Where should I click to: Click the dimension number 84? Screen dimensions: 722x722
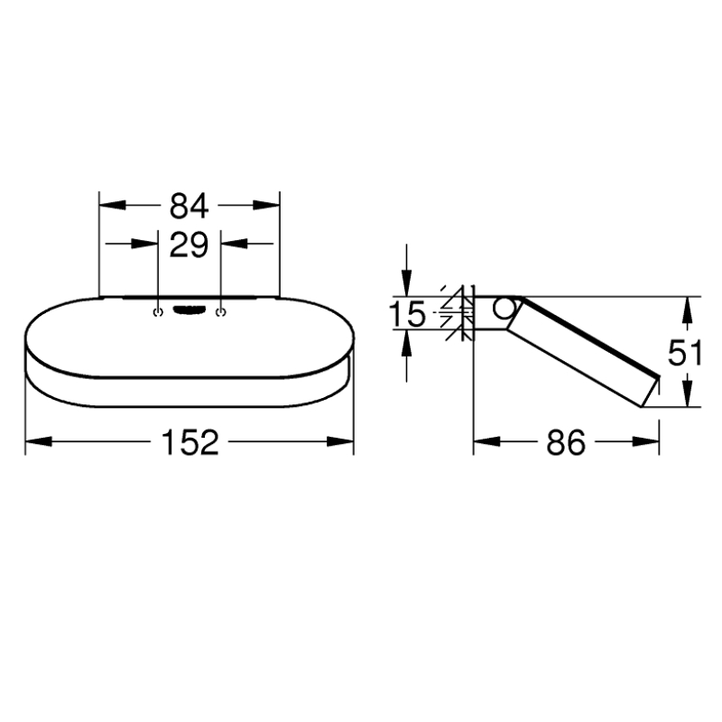(190, 206)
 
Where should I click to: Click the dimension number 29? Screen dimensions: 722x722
(190, 245)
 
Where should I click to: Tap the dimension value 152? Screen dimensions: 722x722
(190, 442)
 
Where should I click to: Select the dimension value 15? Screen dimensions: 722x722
(407, 314)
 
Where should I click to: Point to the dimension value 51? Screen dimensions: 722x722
(685, 352)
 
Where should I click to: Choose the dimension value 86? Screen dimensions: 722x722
(566, 442)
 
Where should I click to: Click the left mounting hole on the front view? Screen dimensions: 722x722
(158, 312)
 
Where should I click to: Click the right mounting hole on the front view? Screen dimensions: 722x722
(221, 312)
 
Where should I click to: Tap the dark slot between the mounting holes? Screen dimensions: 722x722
(190, 310)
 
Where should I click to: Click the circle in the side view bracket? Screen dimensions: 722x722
(505, 309)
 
